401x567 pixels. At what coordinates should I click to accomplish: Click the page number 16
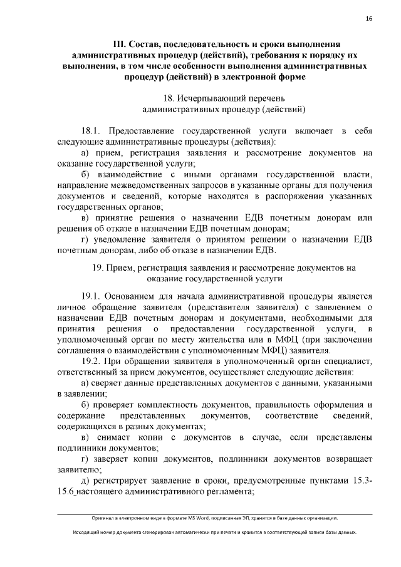(369, 20)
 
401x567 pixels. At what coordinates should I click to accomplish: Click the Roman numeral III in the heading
(120, 44)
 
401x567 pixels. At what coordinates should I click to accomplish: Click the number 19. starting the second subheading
(98, 268)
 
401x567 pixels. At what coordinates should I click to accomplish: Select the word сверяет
(112, 383)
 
